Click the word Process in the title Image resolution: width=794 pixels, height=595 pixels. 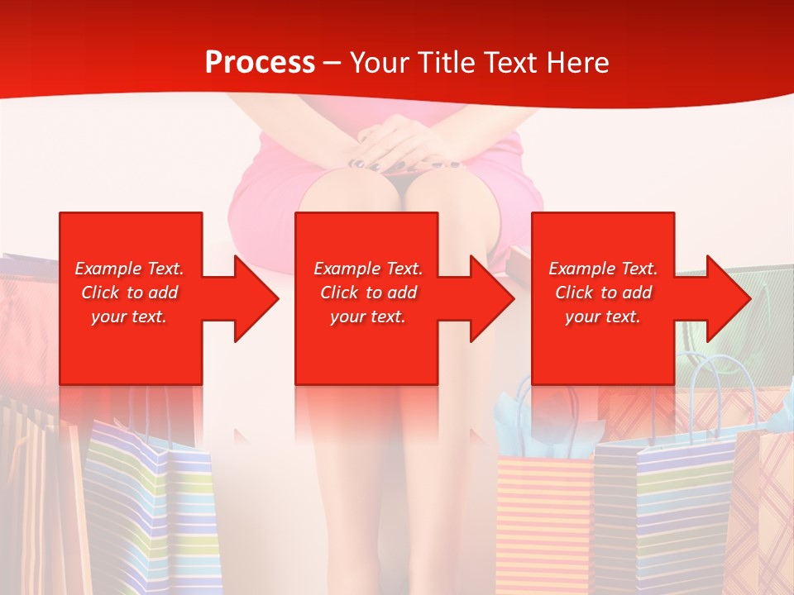coord(260,63)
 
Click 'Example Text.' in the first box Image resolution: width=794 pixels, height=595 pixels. coord(129,269)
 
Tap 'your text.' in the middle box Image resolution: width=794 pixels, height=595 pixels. coord(367,317)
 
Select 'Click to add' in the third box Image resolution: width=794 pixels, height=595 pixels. coord(603,293)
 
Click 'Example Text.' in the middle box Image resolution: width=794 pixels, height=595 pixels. coord(367,269)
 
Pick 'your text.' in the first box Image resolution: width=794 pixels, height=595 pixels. coord(129,317)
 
